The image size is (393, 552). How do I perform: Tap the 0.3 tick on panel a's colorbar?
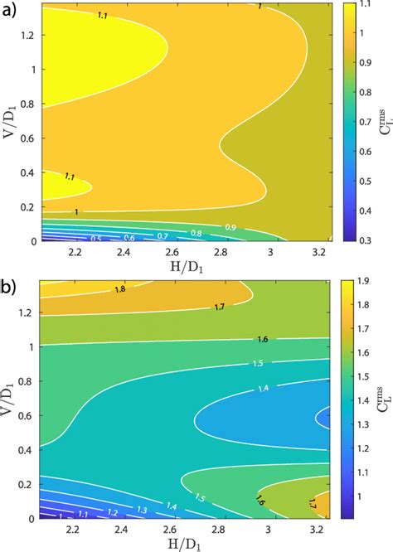tap(371, 241)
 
